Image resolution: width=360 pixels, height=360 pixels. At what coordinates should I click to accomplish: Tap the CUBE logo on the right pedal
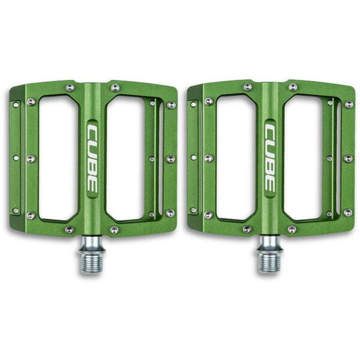(271, 159)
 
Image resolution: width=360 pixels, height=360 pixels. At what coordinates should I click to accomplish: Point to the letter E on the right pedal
(271, 187)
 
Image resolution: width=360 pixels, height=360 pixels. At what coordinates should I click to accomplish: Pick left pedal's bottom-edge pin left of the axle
(69, 230)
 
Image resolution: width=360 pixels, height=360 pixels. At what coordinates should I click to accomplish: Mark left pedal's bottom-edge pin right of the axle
(115, 230)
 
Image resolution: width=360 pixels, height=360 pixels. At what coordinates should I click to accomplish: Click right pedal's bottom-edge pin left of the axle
(247, 230)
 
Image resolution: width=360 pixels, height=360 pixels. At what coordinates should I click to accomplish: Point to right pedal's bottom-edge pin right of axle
(292, 230)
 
